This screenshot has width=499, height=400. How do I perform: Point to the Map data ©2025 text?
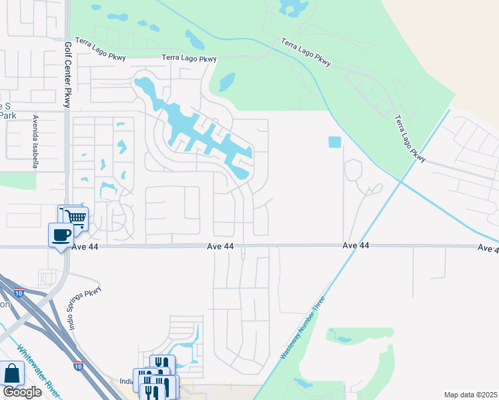click(470, 395)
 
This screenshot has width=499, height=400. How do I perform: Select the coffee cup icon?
click(61, 234)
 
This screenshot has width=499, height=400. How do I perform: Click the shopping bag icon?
click(12, 373)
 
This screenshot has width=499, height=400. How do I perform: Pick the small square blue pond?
click(334, 142)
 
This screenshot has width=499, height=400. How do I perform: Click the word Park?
click(7, 115)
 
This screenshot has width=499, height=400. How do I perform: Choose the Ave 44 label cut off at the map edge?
click(488, 248)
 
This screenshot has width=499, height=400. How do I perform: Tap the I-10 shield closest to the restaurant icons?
click(79, 365)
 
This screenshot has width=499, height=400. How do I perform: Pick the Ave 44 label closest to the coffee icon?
click(220, 247)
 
